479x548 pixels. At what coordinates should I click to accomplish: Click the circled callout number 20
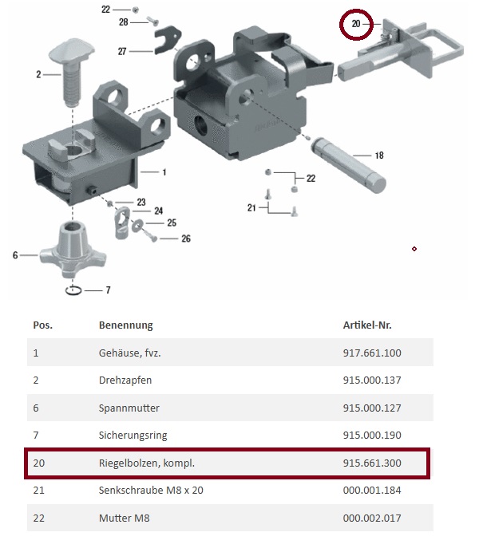(356, 24)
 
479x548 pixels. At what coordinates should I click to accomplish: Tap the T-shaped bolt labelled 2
(72, 72)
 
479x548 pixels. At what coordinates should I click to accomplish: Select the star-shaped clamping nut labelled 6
(73, 249)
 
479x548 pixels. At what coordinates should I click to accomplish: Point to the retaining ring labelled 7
(73, 290)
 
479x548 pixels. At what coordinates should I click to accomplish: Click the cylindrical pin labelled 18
(349, 164)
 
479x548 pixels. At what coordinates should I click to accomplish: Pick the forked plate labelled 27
(167, 40)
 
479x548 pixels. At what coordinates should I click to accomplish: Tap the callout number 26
(186, 239)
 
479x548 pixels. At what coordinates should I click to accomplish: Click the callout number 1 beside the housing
(164, 172)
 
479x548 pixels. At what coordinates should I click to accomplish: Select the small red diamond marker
(414, 249)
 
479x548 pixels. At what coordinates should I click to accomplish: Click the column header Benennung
(126, 325)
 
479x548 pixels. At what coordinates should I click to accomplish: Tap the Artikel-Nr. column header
(367, 325)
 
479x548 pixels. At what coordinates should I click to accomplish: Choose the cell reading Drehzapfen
(125, 380)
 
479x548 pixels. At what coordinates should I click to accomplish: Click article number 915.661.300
(372, 463)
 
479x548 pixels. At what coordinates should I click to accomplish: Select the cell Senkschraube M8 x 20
(151, 491)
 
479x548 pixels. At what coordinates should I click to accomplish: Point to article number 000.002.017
(372, 518)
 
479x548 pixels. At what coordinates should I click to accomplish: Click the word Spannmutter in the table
(129, 408)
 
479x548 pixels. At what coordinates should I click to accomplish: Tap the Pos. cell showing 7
(36, 436)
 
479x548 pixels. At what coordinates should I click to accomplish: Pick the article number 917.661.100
(372, 353)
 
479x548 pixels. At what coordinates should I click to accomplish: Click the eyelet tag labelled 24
(122, 223)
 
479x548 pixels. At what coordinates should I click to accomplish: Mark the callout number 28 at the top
(123, 22)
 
